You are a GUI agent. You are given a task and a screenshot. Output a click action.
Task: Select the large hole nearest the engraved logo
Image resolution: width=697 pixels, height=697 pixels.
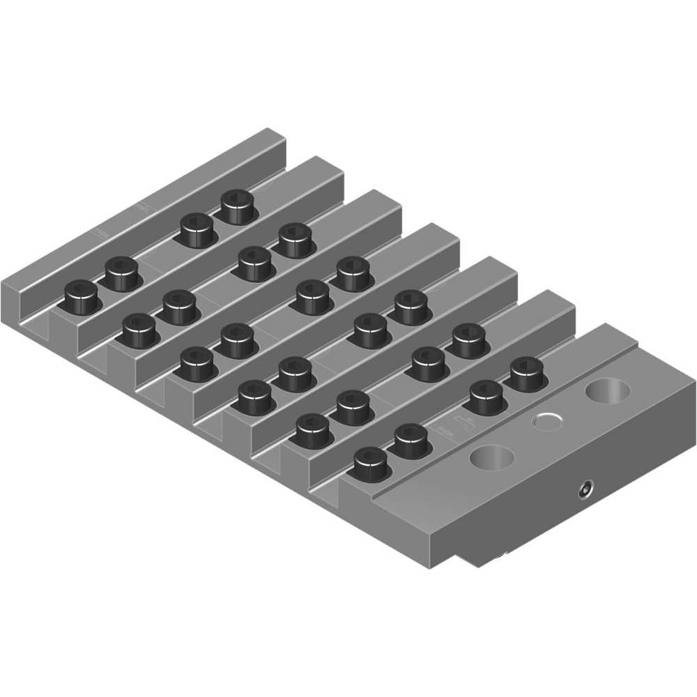pos(492,457)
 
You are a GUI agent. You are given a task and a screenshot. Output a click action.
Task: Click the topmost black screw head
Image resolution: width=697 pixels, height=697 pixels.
pos(237,206)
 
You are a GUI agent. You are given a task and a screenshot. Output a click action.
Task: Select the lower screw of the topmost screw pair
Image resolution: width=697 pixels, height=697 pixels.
pos(198,229)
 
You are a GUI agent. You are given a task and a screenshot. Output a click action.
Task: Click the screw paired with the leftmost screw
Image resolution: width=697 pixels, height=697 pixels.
pos(122,273)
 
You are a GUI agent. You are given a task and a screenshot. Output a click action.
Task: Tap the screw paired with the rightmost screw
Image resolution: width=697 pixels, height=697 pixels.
pos(486,395)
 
